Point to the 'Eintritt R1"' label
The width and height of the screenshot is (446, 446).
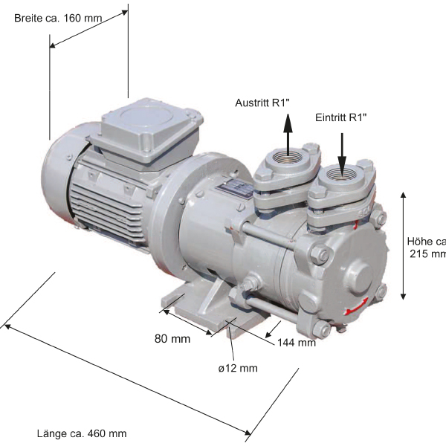341,117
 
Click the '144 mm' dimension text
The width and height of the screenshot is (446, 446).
297,343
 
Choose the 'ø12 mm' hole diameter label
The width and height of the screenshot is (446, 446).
239,368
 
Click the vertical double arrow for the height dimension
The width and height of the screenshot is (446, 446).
404,245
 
